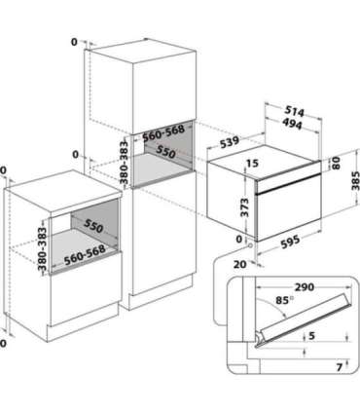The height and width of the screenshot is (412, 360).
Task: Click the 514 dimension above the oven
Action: [x=295, y=111]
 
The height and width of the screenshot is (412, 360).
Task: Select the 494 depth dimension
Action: [x=292, y=124]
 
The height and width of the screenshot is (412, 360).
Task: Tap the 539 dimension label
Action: [x=230, y=142]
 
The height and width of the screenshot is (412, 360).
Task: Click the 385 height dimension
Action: [x=355, y=180]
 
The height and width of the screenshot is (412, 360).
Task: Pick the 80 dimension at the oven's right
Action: [x=336, y=163]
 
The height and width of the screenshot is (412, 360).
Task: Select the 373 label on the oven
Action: [x=245, y=207]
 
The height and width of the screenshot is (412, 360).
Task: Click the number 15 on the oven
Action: [x=252, y=163]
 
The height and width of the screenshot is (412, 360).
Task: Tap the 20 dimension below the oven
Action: [x=240, y=264]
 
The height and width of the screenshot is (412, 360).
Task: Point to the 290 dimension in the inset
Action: [x=305, y=287]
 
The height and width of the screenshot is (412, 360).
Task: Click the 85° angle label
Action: [x=282, y=300]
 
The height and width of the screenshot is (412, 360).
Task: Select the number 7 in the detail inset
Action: [x=340, y=367]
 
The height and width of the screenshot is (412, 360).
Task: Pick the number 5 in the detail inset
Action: [x=311, y=335]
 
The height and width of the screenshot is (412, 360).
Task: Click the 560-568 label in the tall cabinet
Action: [x=163, y=133]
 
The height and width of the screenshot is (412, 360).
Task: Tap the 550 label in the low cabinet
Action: [x=93, y=226]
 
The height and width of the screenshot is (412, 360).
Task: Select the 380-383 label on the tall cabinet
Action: [x=124, y=163]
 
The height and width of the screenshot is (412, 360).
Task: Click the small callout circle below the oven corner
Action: [x=250, y=245]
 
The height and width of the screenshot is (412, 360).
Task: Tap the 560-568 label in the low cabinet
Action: [x=85, y=255]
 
